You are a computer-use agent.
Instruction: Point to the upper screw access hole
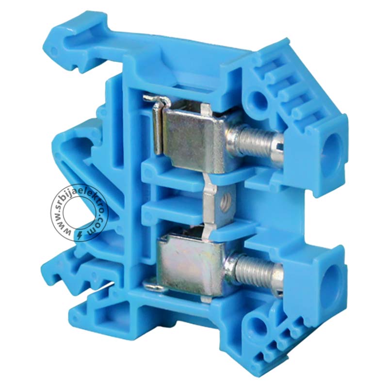click(x=332, y=151)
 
